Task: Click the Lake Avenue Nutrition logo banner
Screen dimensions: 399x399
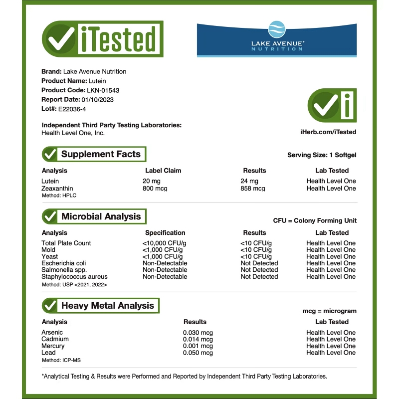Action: pyautogui.click(x=276, y=39)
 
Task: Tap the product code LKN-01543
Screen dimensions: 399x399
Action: pyautogui.click(x=103, y=90)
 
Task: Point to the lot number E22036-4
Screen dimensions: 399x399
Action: pyautogui.click(x=72, y=109)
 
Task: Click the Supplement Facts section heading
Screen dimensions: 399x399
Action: pyautogui.click(x=101, y=154)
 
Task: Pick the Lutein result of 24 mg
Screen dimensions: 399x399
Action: pyautogui.click(x=249, y=181)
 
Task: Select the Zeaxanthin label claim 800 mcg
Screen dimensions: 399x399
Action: pyautogui.click(x=155, y=189)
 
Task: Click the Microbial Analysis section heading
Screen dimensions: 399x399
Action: pyautogui.click(x=101, y=216)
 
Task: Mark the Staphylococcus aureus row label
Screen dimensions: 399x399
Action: pyautogui.click(x=74, y=277)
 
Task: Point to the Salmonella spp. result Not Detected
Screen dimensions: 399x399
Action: pyautogui.click(x=259, y=270)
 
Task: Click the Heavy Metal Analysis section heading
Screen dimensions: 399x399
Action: pyautogui.click(x=107, y=306)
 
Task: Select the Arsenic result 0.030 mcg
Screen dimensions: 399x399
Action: pyautogui.click(x=198, y=333)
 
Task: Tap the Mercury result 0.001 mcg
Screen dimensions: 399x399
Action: pyautogui.click(x=198, y=346)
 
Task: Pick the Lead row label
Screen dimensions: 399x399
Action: pyautogui.click(x=49, y=353)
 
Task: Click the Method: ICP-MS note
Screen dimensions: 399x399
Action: pyautogui.click(x=61, y=360)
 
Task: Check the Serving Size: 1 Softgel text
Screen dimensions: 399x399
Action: pyautogui.click(x=322, y=155)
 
